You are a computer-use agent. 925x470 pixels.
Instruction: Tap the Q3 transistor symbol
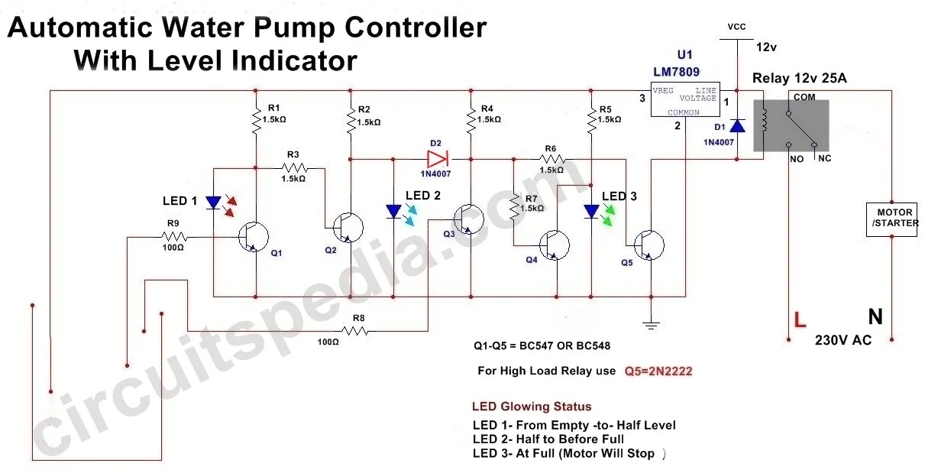[x=467, y=219]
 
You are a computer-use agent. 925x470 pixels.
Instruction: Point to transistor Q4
[x=554, y=245]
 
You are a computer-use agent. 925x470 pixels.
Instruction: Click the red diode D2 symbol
[x=438, y=159]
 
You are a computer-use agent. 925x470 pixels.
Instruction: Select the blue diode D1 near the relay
[x=737, y=125]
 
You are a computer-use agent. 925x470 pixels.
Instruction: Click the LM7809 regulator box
[x=685, y=99]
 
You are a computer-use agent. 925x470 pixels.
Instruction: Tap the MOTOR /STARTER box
[x=891, y=219]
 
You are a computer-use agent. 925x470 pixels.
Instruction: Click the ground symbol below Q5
[x=650, y=324]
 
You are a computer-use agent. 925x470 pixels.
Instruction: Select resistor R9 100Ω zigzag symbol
[x=173, y=238]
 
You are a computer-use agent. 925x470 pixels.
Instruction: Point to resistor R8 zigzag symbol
[x=355, y=331]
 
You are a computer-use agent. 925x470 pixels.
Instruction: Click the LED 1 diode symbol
[x=214, y=203]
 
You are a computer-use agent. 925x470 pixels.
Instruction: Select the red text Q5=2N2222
[x=658, y=371]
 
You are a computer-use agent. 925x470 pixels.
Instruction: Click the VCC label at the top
[x=736, y=27]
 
